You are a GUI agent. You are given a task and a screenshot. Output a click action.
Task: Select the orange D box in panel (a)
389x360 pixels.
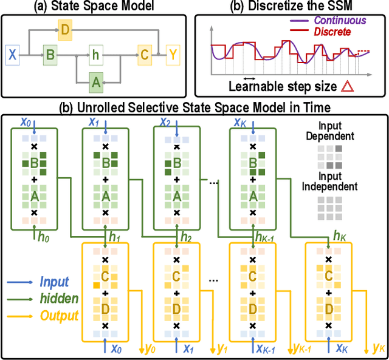point(66,29)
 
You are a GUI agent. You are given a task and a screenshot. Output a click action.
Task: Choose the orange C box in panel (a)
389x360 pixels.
point(143,56)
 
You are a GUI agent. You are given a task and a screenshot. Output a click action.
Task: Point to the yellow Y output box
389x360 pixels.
point(174,56)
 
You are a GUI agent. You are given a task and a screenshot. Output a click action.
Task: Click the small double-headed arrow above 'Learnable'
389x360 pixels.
point(249,78)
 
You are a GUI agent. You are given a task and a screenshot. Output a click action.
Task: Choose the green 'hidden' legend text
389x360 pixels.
point(58,299)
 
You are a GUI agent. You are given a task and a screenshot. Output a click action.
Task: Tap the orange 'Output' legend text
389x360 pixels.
point(58,316)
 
